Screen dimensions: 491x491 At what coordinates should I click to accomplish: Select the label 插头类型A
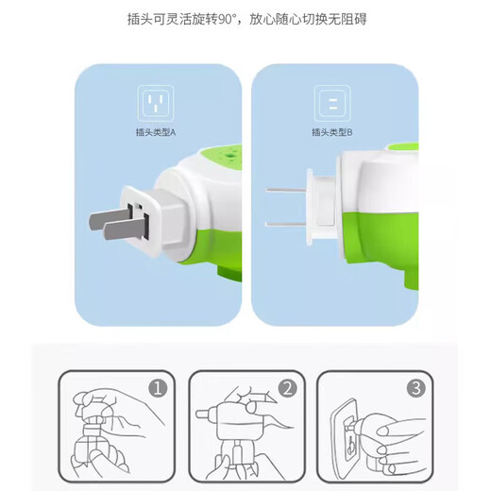tap(156, 131)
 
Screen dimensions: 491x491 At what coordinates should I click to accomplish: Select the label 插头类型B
tap(333, 131)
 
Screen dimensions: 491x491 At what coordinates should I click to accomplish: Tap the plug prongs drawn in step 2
tap(204, 416)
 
